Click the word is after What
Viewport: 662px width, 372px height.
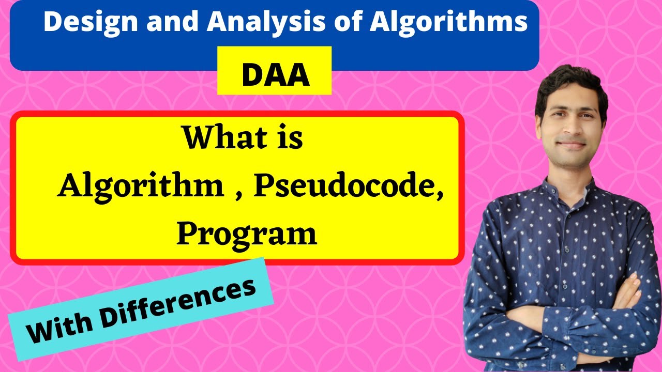(x=289, y=138)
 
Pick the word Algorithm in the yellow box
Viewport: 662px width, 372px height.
(x=141, y=187)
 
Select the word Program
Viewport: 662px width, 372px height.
(x=247, y=234)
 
